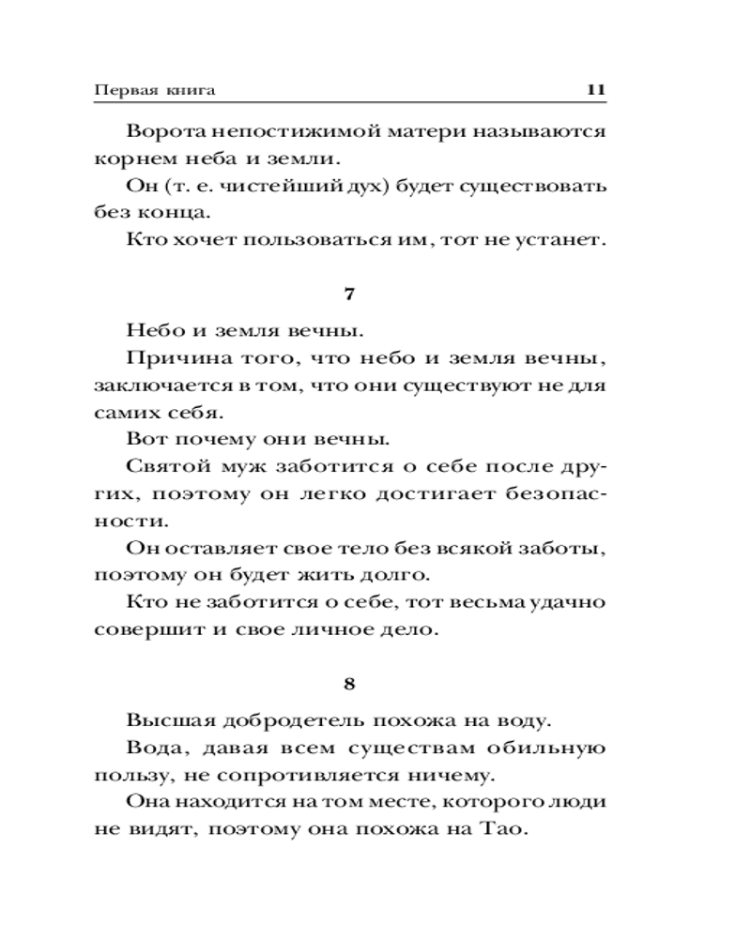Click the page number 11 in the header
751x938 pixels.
597,91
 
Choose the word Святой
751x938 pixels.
162,466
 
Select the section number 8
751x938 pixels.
349,684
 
